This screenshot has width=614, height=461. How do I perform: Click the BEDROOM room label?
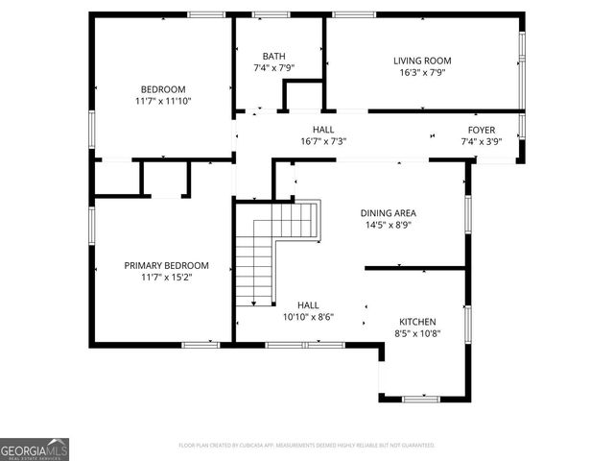click(165, 89)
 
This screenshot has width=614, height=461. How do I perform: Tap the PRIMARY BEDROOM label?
click(165, 265)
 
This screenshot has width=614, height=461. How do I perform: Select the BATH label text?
click(273, 57)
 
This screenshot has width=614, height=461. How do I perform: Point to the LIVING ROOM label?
click(422, 61)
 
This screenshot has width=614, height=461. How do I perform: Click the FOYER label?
click(481, 130)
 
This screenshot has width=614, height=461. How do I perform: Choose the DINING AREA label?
click(388, 213)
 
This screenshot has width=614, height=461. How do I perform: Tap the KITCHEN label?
click(417, 322)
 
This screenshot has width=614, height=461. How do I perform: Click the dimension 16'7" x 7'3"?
click(322, 141)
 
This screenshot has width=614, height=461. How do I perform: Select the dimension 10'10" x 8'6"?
click(307, 316)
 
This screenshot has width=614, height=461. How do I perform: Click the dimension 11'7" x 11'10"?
click(165, 101)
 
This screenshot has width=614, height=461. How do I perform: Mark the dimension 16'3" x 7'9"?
click(422, 72)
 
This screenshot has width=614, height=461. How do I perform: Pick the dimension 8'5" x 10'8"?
click(417, 333)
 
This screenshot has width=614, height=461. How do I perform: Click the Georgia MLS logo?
click(35, 449)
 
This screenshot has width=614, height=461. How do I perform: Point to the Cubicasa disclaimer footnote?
click(307, 446)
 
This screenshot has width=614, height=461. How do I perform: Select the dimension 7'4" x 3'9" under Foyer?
click(481, 141)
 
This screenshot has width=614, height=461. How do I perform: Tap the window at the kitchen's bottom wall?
click(419, 398)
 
